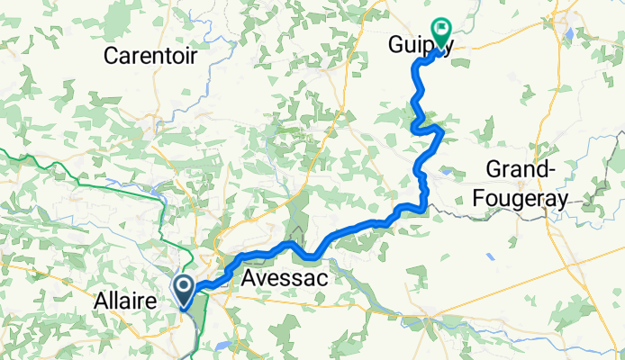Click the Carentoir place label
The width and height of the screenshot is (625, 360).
coord(149,55)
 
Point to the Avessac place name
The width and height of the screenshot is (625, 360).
coord(284,280)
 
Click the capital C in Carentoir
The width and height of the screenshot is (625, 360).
coord(112,55)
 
